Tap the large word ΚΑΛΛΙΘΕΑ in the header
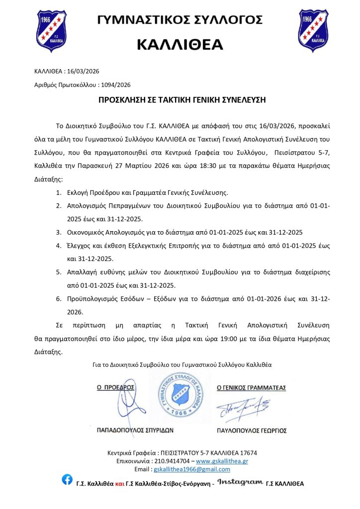tap(180, 44)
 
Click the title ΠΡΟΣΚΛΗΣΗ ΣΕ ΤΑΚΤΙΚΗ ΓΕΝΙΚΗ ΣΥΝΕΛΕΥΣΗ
tap(180, 99)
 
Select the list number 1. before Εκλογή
tap(58, 192)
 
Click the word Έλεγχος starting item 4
tap(79, 246)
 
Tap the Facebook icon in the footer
tap(67, 480)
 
